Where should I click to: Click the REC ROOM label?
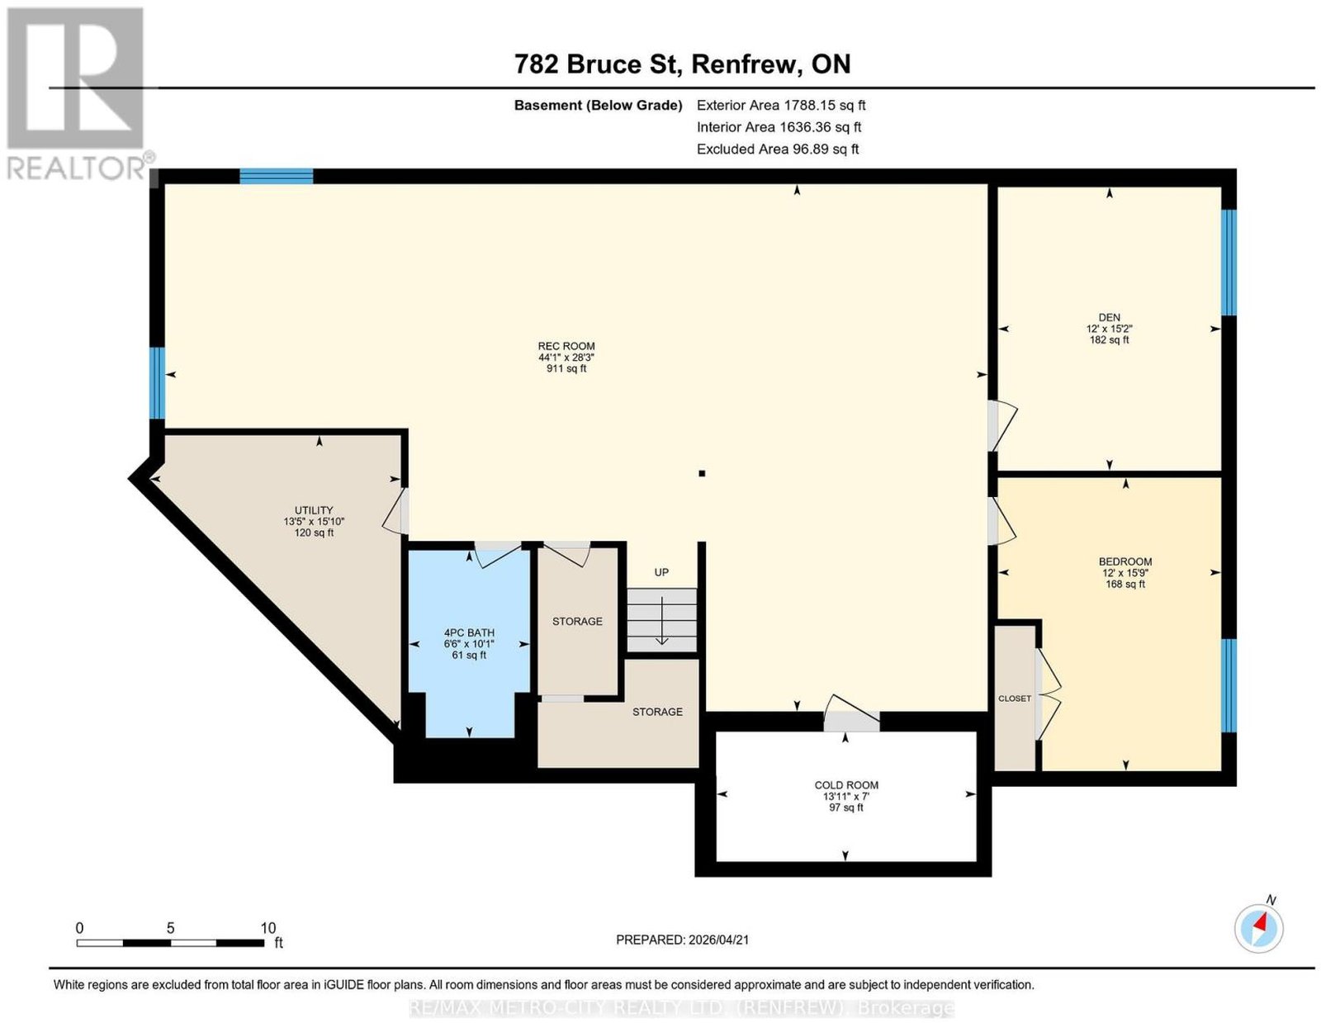tap(566, 346)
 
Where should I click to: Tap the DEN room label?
tap(1109, 317)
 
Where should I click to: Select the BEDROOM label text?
tap(1125, 561)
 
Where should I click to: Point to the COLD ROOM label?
tap(846, 784)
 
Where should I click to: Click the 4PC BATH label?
tap(469, 632)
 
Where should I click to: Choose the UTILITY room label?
tap(314, 510)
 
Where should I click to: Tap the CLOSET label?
tap(1015, 699)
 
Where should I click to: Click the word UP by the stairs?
tap(661, 572)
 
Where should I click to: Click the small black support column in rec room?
tap(702, 473)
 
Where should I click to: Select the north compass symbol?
tap(1258, 929)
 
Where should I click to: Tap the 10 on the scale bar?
tap(268, 928)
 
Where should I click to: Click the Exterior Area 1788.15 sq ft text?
tap(781, 105)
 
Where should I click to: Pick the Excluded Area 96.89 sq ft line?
tap(778, 149)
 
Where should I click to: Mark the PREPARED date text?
tap(682, 940)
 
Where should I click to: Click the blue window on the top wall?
tap(276, 176)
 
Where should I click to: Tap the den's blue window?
tap(1229, 262)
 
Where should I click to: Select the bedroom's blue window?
tap(1229, 685)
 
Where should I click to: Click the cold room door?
tap(851, 713)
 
